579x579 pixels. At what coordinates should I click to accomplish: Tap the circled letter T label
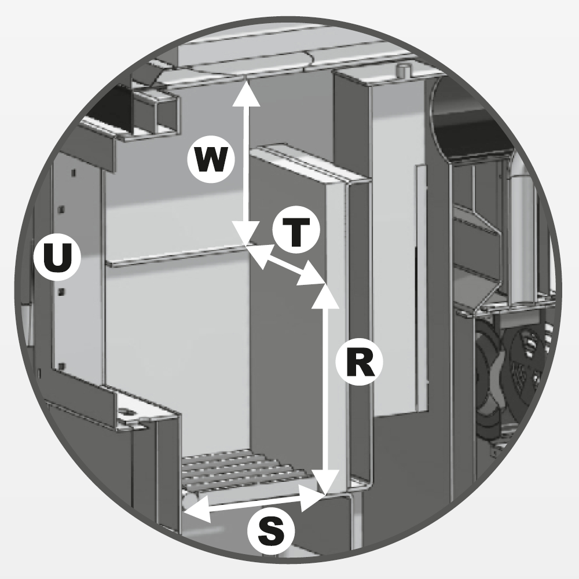pos(296,230)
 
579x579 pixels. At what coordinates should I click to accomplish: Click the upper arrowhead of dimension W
pos(246,93)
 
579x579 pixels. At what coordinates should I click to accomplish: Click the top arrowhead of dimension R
pos(325,295)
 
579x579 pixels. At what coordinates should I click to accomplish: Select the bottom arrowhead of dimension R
pos(325,482)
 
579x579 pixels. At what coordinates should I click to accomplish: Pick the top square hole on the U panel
pos(74,173)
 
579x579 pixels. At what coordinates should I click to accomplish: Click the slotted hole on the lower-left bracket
pos(126,411)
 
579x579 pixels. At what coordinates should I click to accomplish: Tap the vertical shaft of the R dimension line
pos(325,388)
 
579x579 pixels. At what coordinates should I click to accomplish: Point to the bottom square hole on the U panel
pos(62,367)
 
